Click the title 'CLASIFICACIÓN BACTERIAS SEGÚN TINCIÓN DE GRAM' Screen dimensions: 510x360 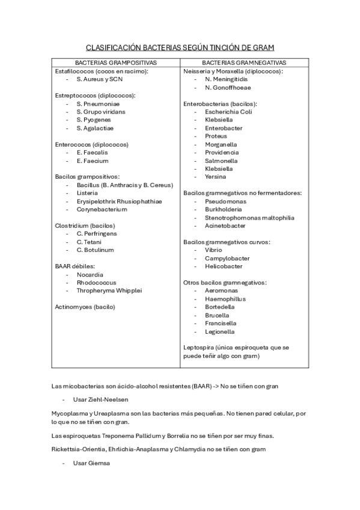[180, 47]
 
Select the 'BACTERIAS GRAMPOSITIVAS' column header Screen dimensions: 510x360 [116, 63]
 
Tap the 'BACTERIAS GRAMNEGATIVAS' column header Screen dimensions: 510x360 [244, 63]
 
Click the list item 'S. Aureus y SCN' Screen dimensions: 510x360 [99, 79]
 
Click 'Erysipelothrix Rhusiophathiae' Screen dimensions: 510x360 [119, 201]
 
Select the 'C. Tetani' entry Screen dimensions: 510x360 [89, 242]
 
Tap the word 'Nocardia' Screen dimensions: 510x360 [90, 274]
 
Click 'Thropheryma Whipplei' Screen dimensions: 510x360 [109, 290]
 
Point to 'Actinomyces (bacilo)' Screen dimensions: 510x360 [85, 307]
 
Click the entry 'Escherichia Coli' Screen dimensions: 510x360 [228, 112]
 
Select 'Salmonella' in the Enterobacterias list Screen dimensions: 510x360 [221, 161]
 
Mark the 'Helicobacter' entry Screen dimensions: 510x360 [224, 266]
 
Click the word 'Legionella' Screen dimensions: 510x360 [220, 331]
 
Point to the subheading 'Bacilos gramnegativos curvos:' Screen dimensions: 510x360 [227, 242]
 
